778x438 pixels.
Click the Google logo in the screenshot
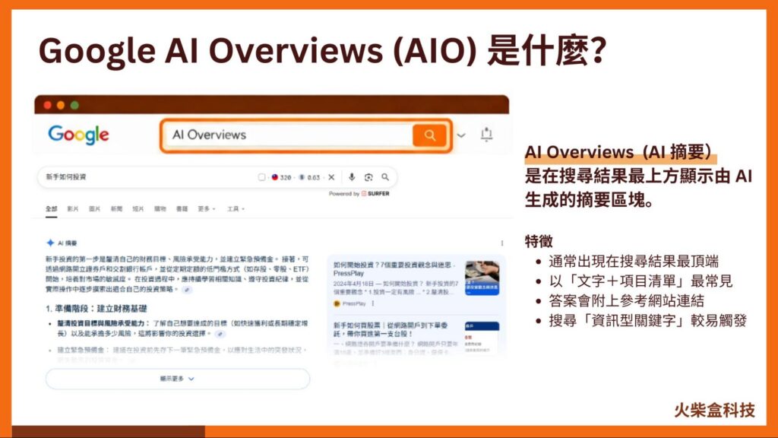coord(78,135)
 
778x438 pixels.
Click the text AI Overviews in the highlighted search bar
coord(209,135)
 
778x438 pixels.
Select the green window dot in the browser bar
coord(74,105)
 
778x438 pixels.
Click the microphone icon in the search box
coord(352,177)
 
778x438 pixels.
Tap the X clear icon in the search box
coord(331,177)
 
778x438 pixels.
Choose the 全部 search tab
coord(51,208)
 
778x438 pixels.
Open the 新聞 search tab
coord(116,208)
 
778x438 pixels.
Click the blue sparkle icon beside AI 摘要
coord(50,243)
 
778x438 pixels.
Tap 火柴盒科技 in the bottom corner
coord(714,411)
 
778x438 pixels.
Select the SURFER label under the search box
coord(378,194)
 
